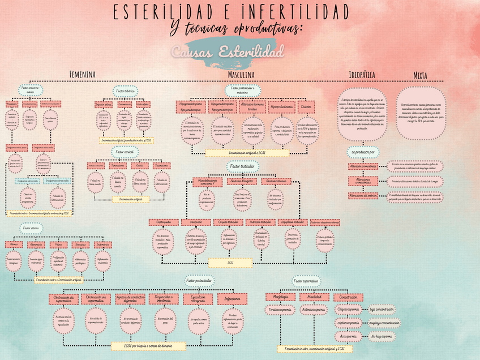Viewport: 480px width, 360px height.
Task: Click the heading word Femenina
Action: click(82, 75)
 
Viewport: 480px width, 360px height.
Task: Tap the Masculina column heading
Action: click(241, 75)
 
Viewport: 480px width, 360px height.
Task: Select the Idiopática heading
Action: click(362, 74)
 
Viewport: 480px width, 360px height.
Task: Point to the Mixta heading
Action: click(420, 75)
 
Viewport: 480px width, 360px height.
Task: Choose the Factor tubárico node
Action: click(125, 90)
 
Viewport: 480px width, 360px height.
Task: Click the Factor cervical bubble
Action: click(125, 152)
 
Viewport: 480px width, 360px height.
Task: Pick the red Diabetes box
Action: click(306, 106)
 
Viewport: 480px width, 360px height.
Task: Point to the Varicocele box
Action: click(196, 222)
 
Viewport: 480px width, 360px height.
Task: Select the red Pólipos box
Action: click(57, 245)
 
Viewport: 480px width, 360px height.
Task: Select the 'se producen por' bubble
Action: click(362, 152)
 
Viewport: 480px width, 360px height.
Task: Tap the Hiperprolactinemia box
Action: click(281, 106)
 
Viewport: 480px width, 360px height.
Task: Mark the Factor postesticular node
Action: click(199, 280)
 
